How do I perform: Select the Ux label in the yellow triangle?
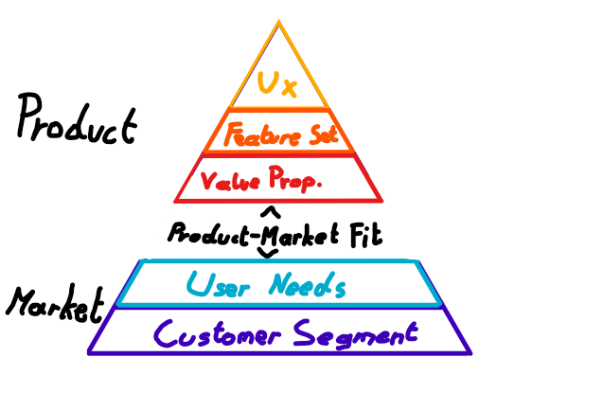[278, 87]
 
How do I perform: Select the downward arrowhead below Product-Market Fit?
[269, 253]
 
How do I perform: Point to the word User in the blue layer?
[219, 283]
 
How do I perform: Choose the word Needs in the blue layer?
[306, 284]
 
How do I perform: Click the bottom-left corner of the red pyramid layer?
[176, 201]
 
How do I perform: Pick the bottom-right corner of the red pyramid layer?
[381, 200]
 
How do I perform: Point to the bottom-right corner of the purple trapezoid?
[470, 353]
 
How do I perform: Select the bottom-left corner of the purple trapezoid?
[89, 353]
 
